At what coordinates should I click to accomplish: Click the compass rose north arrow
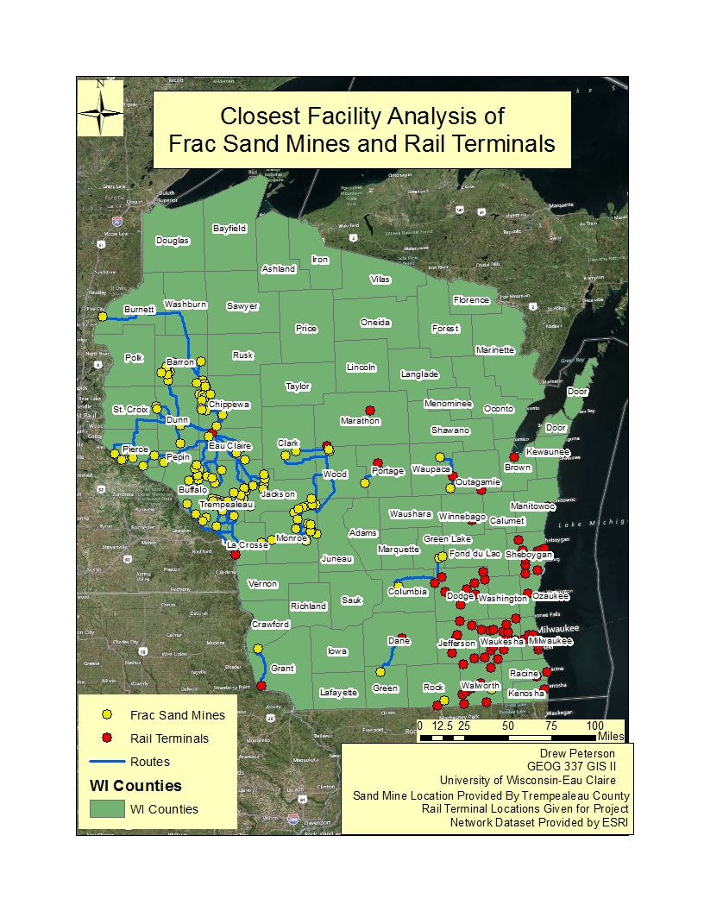[x=101, y=106]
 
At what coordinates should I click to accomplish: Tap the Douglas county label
[x=173, y=241]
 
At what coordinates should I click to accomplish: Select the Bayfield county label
[x=230, y=229]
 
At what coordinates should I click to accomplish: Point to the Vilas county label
[x=380, y=280]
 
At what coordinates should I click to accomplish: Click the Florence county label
[x=471, y=300]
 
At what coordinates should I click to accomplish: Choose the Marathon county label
[x=360, y=421]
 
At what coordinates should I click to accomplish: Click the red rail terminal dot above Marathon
[x=370, y=410]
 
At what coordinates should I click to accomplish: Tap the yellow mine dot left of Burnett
[x=102, y=317]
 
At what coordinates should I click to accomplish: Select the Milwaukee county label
[x=550, y=642]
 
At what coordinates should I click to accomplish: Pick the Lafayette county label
[x=338, y=693]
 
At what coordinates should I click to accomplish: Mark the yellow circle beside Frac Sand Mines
[x=107, y=715]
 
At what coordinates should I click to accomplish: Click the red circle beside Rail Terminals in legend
[x=107, y=738]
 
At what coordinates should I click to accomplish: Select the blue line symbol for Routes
[x=107, y=762]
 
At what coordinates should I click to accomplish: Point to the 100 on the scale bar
[x=594, y=726]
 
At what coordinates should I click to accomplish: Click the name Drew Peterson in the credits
[x=593, y=752]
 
